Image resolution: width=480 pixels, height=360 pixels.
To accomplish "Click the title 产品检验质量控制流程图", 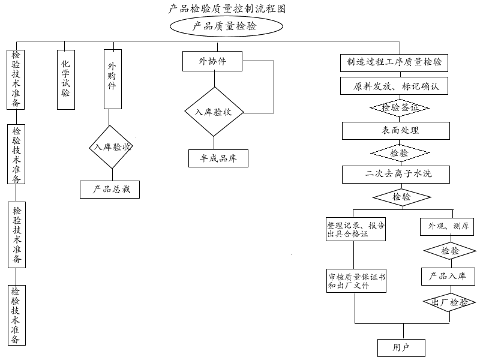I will point(227,8).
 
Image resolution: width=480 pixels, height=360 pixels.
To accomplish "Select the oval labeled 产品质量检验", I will point(226,26).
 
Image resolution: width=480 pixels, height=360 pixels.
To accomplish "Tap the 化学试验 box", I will point(66,80).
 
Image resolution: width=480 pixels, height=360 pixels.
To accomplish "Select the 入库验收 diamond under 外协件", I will point(213,112).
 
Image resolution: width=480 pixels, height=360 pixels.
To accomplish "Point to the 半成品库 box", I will point(218,158).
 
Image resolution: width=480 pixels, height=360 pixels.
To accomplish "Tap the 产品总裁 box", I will point(110,190).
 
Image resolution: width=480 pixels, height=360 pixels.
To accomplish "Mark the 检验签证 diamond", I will point(400,108).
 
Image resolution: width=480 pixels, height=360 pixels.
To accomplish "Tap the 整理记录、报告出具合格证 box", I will point(356,230).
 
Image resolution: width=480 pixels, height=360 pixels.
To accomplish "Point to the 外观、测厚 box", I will point(448,227).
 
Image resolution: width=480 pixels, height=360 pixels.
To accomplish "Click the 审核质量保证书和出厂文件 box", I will point(356,281).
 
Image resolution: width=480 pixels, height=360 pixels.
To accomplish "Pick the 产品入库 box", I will point(448,276).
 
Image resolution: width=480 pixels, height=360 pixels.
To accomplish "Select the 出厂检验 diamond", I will point(449,302).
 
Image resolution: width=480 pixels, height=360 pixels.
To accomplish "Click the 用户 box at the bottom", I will point(401,347).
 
